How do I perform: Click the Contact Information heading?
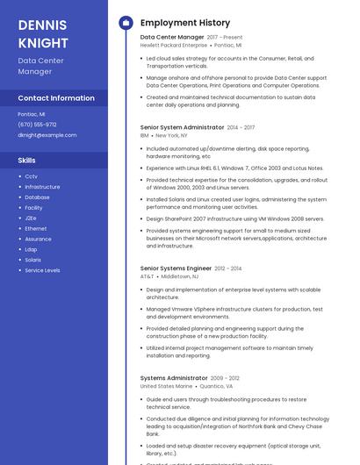click(56, 98)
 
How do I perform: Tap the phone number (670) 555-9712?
click(37, 125)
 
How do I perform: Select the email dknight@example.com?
click(47, 135)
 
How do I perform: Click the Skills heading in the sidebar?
click(27, 161)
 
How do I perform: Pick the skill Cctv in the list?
click(31, 176)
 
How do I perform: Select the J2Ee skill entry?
click(31, 218)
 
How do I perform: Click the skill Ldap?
click(31, 249)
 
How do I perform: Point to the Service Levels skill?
click(42, 270)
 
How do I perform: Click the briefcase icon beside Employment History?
click(126, 23)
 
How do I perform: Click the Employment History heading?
click(185, 23)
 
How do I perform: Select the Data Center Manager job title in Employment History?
click(172, 38)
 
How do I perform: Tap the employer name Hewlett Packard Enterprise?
click(174, 45)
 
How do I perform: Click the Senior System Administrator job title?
click(182, 127)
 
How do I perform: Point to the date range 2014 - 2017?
click(241, 127)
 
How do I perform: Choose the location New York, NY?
click(171, 135)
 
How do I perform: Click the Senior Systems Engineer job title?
click(176, 268)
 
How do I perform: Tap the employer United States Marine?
click(166, 386)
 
